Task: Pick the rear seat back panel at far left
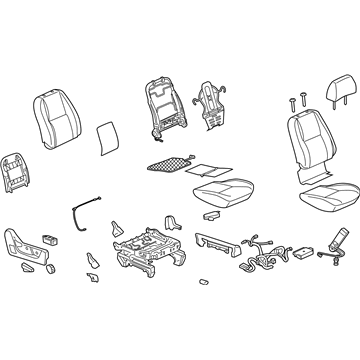point(21,174)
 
